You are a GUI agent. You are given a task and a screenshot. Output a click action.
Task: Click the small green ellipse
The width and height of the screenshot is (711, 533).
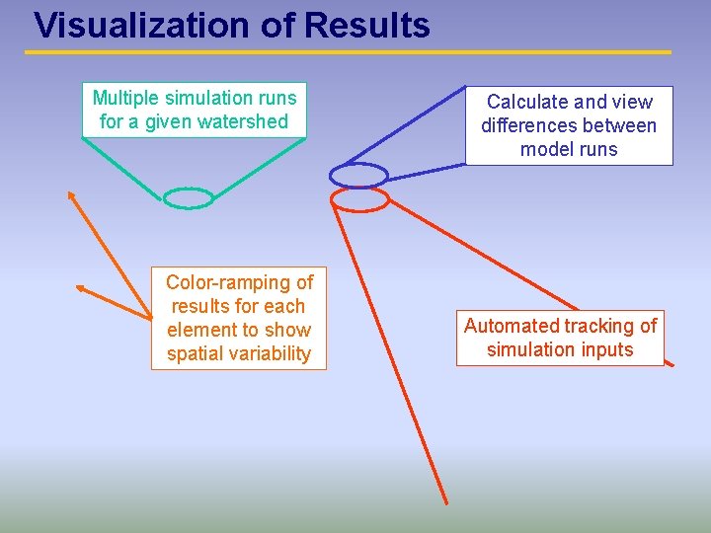pyautogui.click(x=188, y=198)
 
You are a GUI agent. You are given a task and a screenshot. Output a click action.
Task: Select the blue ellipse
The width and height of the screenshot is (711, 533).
pyautogui.click(x=358, y=175)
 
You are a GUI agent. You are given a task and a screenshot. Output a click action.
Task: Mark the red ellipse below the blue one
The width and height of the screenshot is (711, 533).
pyautogui.click(x=359, y=199)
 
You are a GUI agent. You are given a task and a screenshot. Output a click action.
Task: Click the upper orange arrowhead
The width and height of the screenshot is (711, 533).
pyautogui.click(x=71, y=195)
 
